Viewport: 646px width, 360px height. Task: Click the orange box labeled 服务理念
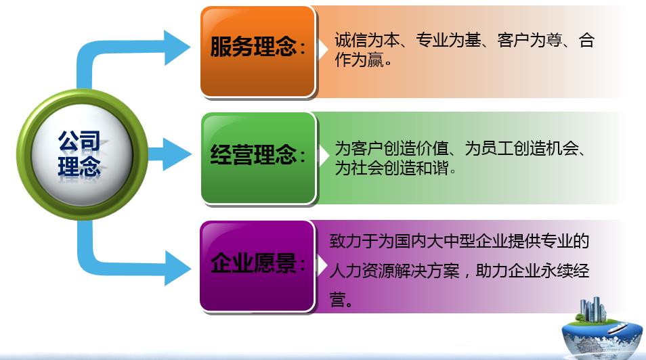pyautogui.click(x=258, y=51)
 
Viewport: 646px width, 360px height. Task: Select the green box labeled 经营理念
pyautogui.click(x=258, y=158)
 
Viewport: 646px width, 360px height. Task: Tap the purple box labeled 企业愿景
pyautogui.click(x=257, y=266)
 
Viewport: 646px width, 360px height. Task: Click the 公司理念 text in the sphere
pyautogui.click(x=79, y=154)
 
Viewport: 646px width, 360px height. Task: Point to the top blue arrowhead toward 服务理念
pyautogui.click(x=177, y=47)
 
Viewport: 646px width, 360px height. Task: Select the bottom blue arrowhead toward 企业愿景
pyautogui.click(x=177, y=268)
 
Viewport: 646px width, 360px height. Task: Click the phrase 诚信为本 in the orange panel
pyautogui.click(x=366, y=41)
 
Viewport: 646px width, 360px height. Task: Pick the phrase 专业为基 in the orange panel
pyautogui.click(x=448, y=41)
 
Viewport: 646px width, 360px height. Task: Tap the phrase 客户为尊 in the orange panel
pyautogui.click(x=530, y=41)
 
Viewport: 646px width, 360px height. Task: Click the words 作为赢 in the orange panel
pyautogui.click(x=359, y=60)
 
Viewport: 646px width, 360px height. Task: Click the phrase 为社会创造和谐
pyautogui.click(x=391, y=168)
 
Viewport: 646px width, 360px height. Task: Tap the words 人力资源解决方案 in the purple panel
pyautogui.click(x=394, y=271)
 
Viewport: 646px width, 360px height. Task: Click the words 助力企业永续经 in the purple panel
pyautogui.click(x=532, y=271)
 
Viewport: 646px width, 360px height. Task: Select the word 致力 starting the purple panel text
pyautogui.click(x=345, y=242)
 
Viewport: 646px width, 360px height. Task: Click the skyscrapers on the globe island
pyautogui.click(x=593, y=309)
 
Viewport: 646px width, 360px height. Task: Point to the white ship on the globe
pyautogui.click(x=617, y=328)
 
